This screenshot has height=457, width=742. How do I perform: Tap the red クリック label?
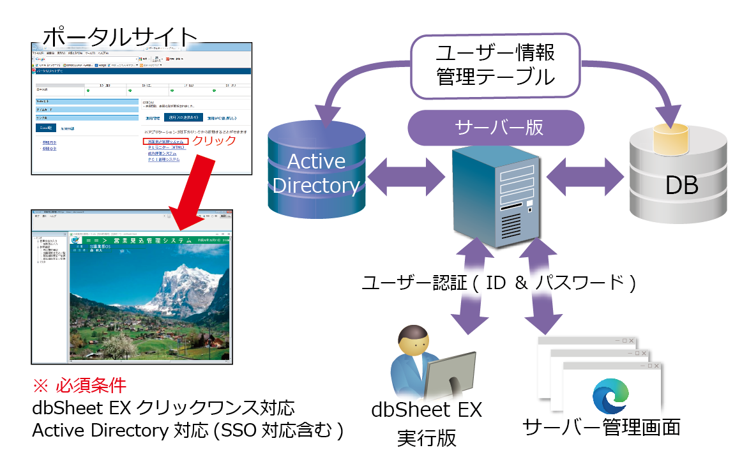point(215,140)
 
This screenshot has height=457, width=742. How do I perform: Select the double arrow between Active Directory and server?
point(403,172)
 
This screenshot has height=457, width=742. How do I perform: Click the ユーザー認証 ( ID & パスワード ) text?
point(499,283)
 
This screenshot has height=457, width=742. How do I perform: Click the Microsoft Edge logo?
point(612,396)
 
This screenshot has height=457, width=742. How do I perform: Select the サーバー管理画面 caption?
point(601,426)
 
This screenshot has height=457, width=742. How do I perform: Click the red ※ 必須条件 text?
point(79,386)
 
